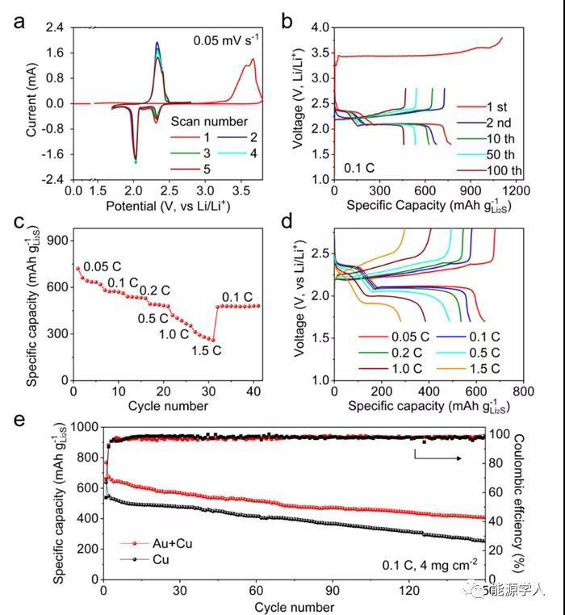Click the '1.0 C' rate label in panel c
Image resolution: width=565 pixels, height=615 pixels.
tap(174, 333)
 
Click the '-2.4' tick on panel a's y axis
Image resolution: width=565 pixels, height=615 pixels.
tap(54, 179)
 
